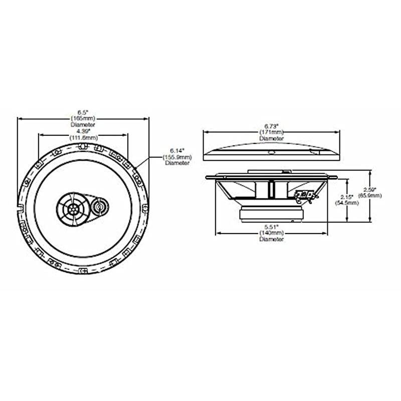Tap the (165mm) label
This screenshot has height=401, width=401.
coord(83,118)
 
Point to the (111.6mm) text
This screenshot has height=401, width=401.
coord(83,137)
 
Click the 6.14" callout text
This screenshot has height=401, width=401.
coord(177,150)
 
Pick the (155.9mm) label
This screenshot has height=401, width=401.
coord(177,156)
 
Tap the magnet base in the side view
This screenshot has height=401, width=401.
coord(271,214)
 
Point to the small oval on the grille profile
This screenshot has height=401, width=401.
coord(271,152)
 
